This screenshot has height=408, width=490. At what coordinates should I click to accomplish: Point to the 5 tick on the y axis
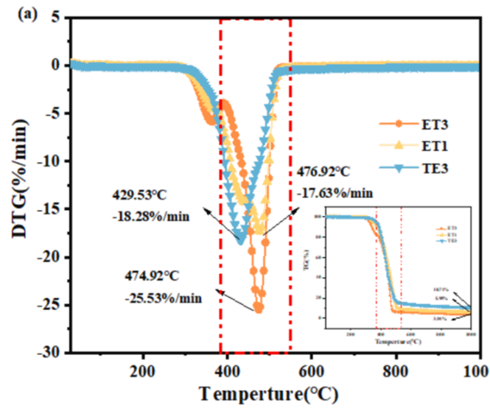click(52, 18)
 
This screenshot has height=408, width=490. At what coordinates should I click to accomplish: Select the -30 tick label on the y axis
click(46, 354)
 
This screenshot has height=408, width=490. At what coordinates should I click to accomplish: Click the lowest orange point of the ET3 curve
click(258, 309)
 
